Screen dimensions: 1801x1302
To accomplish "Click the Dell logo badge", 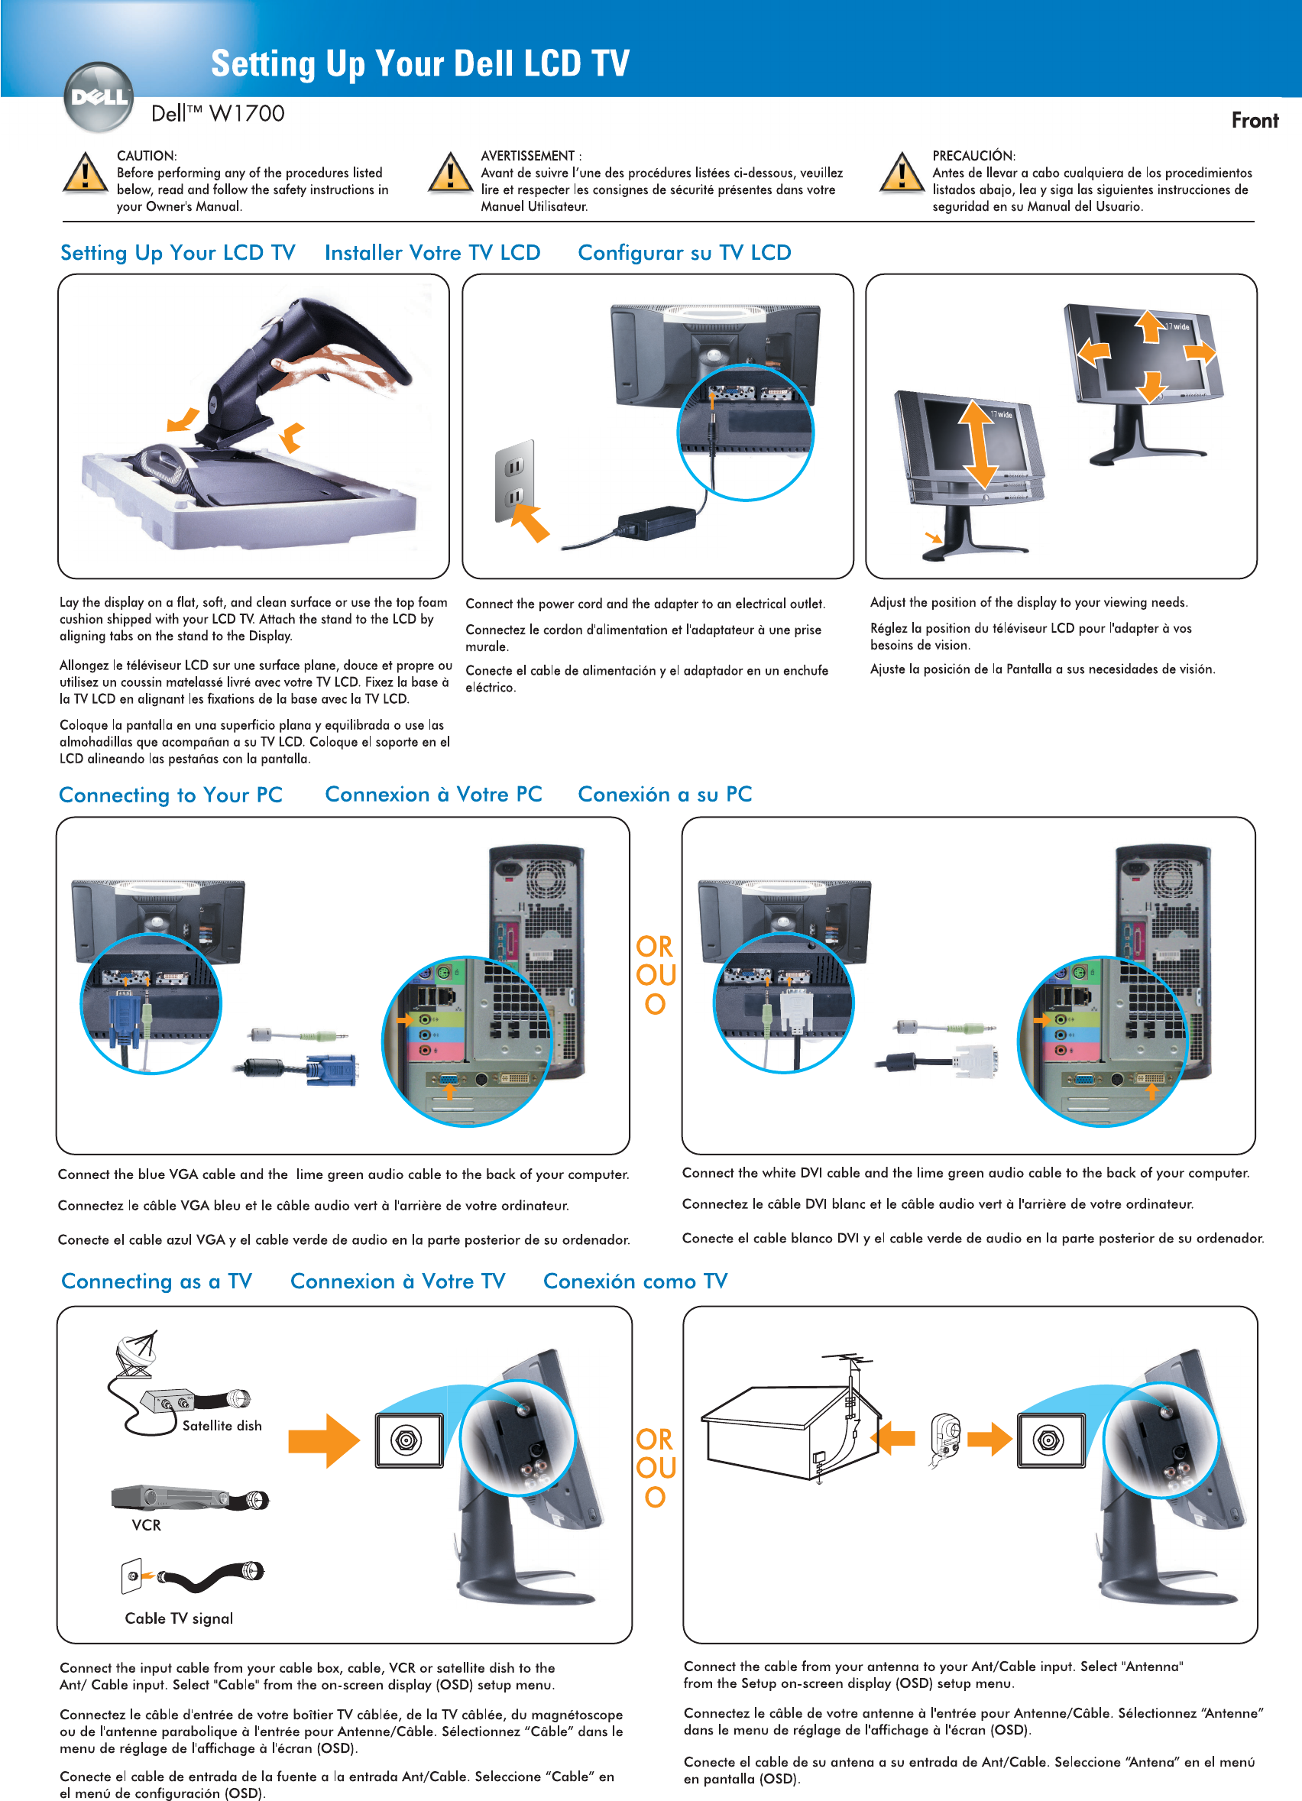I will pos(99,98).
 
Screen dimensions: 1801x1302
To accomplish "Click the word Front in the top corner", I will pos(1255,121).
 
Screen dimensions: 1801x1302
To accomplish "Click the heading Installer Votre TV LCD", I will pos(432,252).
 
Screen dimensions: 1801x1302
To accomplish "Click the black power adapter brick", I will pos(656,523).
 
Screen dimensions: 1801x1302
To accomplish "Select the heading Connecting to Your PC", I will pos(170,795).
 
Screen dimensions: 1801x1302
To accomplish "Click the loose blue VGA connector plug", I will pos(332,1069).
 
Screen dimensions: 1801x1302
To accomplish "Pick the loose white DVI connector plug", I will pos(975,1061).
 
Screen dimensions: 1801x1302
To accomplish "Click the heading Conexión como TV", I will pos(635,1281).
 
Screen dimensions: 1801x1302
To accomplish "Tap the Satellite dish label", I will pos(222,1426).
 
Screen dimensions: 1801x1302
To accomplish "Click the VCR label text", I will pos(146,1524).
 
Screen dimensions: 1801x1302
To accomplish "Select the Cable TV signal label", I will pos(179,1618).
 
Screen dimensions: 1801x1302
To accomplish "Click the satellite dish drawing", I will pos(138,1355).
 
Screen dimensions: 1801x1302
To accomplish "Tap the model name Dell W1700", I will pos(218,114).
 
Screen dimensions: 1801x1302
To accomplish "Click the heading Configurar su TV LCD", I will pos(685,252).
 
